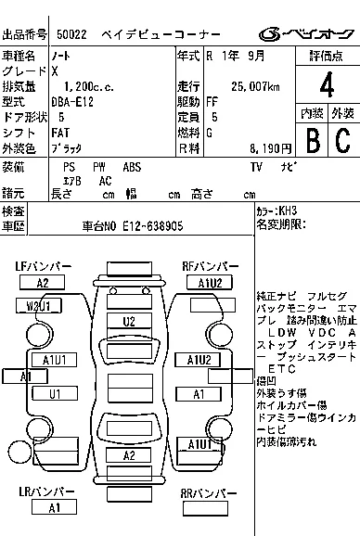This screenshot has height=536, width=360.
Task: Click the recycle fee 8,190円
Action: (x=266, y=147)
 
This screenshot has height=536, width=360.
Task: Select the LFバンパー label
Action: (x=42, y=266)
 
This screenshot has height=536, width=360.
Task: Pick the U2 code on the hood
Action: (x=129, y=322)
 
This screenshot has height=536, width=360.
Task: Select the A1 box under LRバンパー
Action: (x=55, y=508)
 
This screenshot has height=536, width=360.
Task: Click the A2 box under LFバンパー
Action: (x=42, y=283)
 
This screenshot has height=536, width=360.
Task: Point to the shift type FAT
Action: (x=61, y=132)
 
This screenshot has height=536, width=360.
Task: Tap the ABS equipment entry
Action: (x=132, y=167)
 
